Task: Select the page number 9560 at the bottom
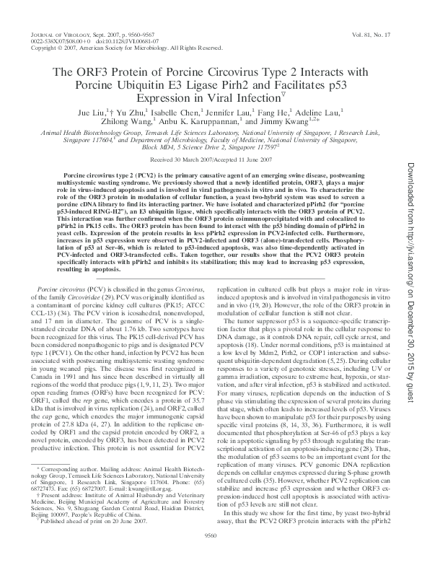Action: pos(211,556)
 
